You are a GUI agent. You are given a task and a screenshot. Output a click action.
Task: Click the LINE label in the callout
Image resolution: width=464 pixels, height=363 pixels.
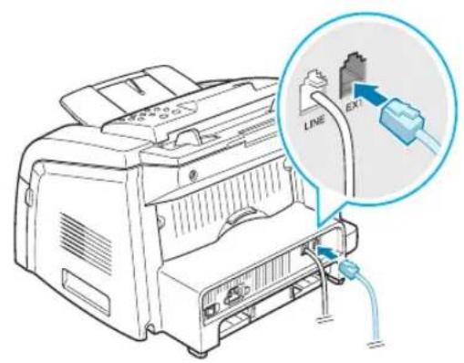click(x=314, y=123)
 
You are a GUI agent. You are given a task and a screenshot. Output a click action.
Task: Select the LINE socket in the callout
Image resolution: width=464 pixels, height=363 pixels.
click(x=312, y=91)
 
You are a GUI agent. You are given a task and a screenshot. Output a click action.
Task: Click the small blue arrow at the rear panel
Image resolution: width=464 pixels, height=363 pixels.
click(x=327, y=252)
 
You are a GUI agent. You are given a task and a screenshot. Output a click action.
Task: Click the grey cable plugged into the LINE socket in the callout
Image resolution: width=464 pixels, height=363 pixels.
click(x=341, y=146)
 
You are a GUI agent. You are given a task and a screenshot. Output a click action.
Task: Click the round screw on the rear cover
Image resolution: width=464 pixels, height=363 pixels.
click(x=193, y=174)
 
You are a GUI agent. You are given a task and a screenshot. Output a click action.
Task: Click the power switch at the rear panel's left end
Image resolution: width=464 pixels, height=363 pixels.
click(x=210, y=311)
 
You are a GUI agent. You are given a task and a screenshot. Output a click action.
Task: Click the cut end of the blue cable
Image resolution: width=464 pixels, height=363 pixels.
click(x=376, y=344)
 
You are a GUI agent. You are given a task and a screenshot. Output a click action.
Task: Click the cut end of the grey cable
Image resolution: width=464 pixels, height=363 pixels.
click(x=324, y=318)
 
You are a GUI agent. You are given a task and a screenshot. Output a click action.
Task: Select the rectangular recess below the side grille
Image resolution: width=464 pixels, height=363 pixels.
click(x=86, y=291)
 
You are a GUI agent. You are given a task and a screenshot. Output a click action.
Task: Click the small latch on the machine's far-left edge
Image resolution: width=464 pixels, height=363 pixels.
click(x=29, y=195)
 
